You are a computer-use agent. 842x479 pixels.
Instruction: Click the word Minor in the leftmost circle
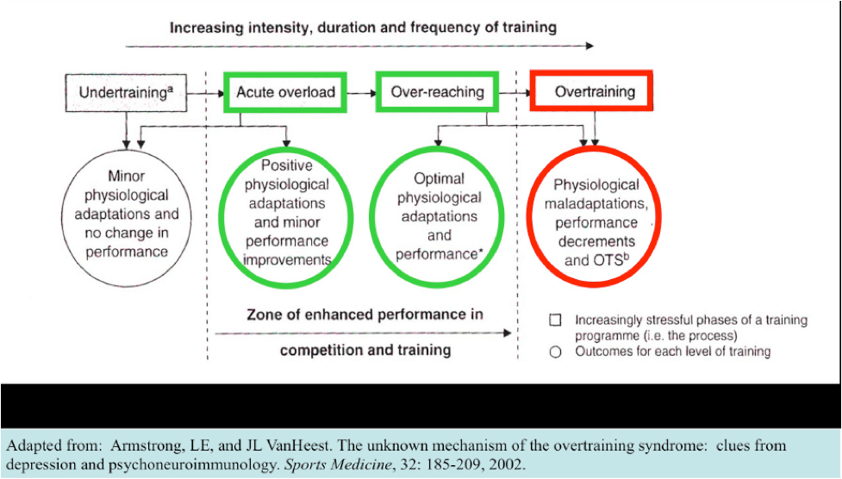click(x=126, y=176)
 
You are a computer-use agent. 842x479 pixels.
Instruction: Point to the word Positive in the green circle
click(x=287, y=165)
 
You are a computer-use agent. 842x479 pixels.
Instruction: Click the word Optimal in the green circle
click(x=439, y=178)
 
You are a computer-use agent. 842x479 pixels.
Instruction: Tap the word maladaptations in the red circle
click(x=596, y=204)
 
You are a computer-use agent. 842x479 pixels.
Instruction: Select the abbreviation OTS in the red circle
click(x=608, y=260)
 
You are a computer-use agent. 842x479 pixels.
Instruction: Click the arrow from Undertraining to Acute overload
click(x=206, y=93)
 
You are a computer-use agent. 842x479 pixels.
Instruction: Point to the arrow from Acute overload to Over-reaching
click(x=361, y=93)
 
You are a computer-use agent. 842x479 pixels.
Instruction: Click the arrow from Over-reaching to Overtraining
click(x=515, y=93)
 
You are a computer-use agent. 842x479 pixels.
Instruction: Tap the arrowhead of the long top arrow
click(x=590, y=47)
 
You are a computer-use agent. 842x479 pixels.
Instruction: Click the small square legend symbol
click(x=555, y=320)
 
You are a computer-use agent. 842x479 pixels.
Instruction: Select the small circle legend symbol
click(x=555, y=351)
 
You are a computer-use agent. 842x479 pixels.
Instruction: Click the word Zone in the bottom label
click(x=265, y=314)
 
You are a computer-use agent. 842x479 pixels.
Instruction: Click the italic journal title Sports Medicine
click(x=337, y=464)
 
